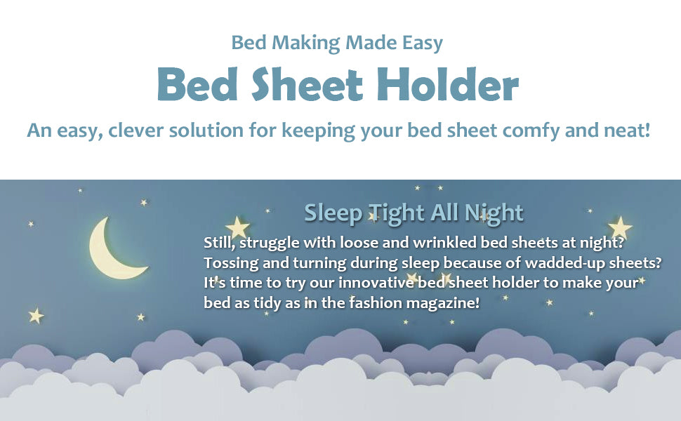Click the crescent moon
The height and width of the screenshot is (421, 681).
[x=109, y=251]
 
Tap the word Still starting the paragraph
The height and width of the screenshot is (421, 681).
[x=220, y=243]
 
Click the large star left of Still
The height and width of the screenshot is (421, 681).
[x=237, y=227]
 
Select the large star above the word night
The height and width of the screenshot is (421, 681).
[x=620, y=227]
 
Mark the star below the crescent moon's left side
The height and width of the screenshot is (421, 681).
[x=36, y=316]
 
